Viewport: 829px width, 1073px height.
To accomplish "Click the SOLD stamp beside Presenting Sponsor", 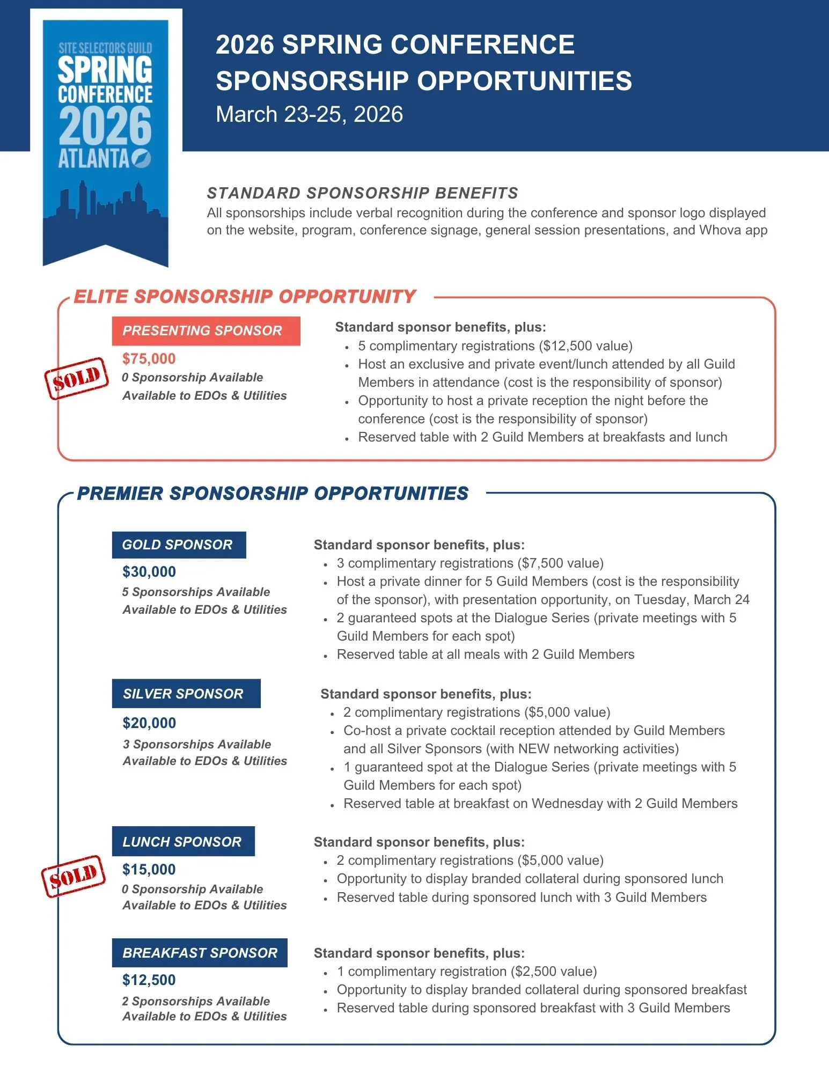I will (76, 378).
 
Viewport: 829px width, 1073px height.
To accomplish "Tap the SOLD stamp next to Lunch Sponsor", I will (74, 876).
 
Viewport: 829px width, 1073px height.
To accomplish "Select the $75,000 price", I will (149, 358).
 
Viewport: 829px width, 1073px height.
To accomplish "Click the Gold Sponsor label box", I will (179, 545).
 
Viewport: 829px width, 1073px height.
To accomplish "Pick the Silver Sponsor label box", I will (186, 694).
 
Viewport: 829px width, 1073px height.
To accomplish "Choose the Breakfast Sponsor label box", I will (200, 953).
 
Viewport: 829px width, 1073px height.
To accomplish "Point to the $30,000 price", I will (149, 571).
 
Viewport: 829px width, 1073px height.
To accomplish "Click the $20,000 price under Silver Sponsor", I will (149, 723).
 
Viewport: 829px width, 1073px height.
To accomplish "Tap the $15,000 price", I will (149, 869).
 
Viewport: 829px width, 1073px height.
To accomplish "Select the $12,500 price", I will (149, 980).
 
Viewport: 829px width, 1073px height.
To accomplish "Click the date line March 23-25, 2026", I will (309, 114).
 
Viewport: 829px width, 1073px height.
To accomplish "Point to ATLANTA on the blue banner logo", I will (93, 158).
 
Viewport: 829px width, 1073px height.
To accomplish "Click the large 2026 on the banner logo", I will (105, 126).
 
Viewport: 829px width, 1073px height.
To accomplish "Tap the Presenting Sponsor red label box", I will (206, 330).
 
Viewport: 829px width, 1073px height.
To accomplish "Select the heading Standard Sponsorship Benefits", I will (362, 193).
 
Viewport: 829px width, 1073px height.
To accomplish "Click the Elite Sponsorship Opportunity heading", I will (245, 297).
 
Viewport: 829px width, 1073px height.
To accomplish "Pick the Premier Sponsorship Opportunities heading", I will (273, 494).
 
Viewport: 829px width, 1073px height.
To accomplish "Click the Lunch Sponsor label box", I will (183, 841).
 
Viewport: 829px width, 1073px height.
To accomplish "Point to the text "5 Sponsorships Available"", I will (196, 592).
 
